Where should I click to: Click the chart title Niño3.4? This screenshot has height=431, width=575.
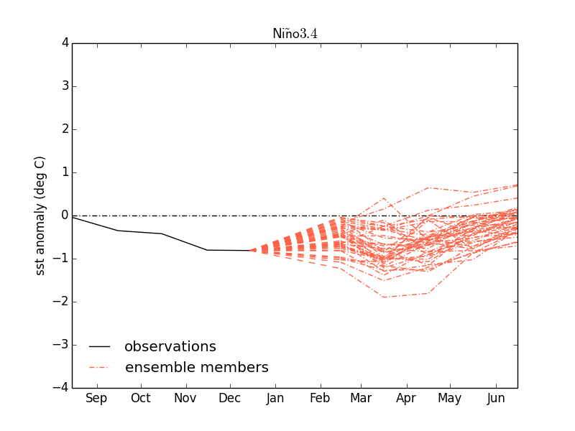click(295, 34)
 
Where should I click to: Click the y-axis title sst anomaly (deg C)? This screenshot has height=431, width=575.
click(40, 215)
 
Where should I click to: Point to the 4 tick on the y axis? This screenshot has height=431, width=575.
click(65, 43)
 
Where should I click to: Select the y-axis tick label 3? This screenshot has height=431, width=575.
click(65, 86)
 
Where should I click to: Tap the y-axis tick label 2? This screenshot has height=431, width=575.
click(65, 129)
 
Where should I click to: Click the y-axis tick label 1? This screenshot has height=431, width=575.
click(65, 172)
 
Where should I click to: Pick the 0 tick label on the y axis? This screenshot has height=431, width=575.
click(65, 215)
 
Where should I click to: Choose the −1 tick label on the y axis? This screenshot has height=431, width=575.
click(61, 259)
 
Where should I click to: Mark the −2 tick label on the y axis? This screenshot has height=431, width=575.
click(61, 302)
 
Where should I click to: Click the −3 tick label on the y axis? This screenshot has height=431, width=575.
click(61, 345)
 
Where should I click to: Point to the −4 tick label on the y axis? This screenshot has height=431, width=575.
click(61, 388)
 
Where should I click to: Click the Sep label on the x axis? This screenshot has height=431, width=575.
click(96, 399)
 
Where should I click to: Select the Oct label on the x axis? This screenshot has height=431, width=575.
click(141, 399)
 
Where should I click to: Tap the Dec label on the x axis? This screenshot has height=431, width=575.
click(230, 399)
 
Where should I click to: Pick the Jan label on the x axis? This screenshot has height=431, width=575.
click(275, 399)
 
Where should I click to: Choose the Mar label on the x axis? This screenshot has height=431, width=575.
click(361, 399)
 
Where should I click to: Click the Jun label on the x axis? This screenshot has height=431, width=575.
click(496, 399)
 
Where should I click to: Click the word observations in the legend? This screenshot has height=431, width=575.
click(170, 347)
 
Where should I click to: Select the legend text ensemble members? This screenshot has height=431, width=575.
click(197, 368)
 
